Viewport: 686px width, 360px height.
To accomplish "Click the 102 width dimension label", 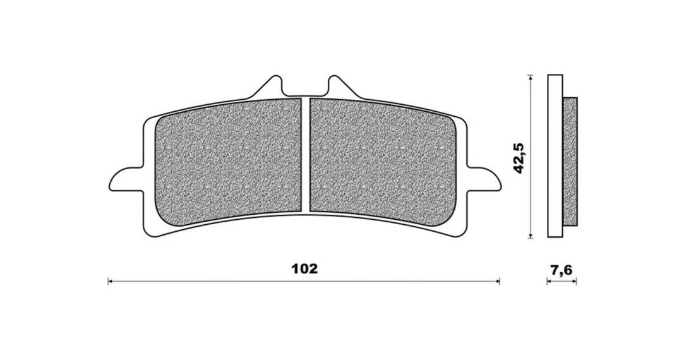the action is click(304, 268).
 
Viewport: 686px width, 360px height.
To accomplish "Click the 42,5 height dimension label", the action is click(519, 158).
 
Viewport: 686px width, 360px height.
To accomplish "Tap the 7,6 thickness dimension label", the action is click(562, 270).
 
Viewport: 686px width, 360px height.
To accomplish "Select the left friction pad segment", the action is click(229, 160).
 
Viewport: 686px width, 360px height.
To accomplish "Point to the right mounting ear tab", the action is click(484, 179).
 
